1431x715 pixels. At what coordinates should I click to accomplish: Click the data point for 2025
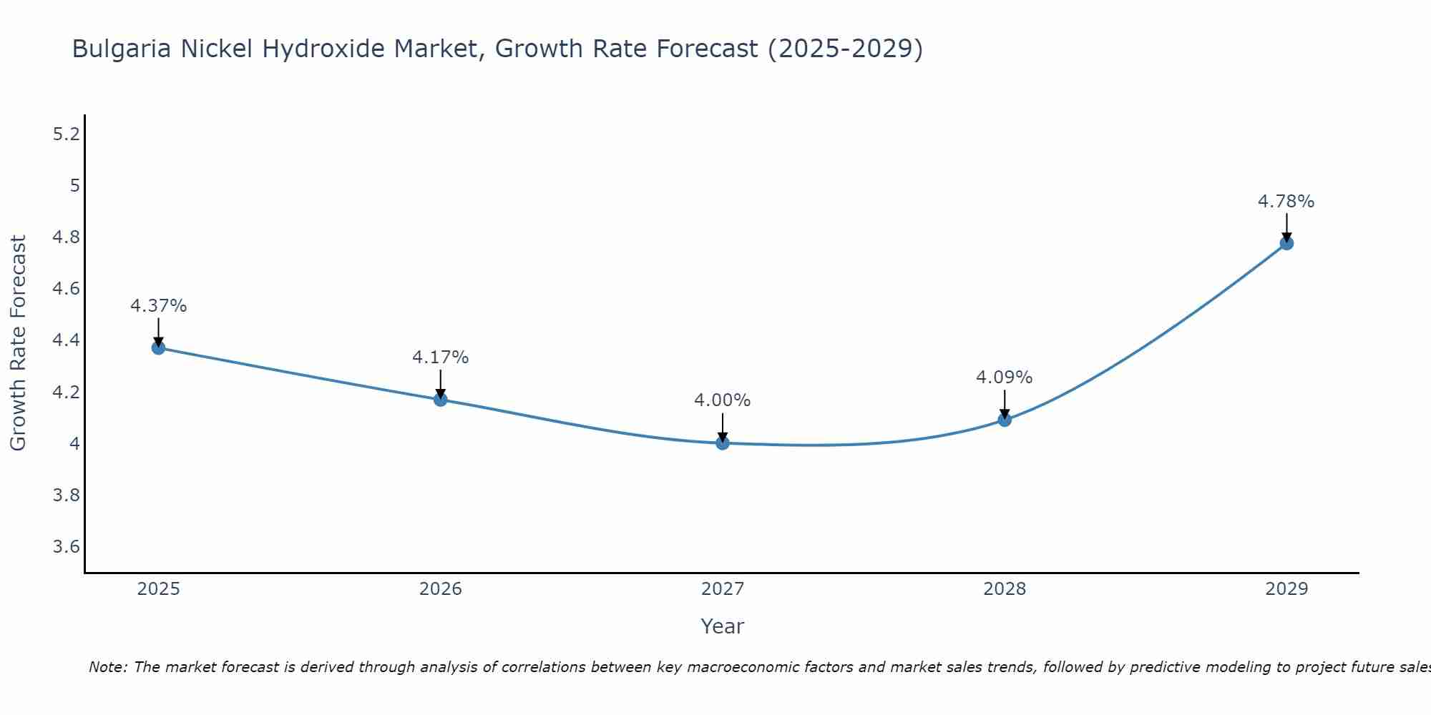click(158, 347)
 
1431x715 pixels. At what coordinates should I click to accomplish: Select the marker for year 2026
click(441, 399)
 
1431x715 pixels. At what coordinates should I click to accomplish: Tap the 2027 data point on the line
click(723, 443)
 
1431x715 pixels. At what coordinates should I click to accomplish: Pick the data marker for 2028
click(1005, 420)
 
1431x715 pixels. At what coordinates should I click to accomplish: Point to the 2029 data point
click(1286, 243)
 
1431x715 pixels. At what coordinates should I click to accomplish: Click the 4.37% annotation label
click(158, 306)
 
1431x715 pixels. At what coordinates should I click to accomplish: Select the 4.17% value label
click(441, 357)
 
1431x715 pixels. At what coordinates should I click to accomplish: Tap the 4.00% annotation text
click(723, 400)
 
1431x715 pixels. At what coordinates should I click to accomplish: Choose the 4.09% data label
click(1005, 377)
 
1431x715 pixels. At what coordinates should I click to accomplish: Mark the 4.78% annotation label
click(1286, 202)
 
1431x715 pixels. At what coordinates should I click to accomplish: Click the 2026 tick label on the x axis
click(441, 589)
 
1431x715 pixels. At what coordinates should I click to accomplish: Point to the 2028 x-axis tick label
click(1005, 589)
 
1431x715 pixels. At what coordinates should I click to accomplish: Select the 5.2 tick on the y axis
click(67, 134)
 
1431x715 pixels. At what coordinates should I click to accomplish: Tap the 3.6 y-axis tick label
click(67, 547)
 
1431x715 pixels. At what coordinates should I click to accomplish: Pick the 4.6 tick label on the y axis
click(67, 289)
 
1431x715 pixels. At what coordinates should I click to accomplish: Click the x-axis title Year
click(723, 626)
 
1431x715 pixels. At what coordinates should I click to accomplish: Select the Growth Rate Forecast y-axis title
click(18, 343)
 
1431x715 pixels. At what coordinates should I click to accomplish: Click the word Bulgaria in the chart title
click(122, 49)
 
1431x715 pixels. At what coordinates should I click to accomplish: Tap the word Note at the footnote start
click(107, 667)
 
